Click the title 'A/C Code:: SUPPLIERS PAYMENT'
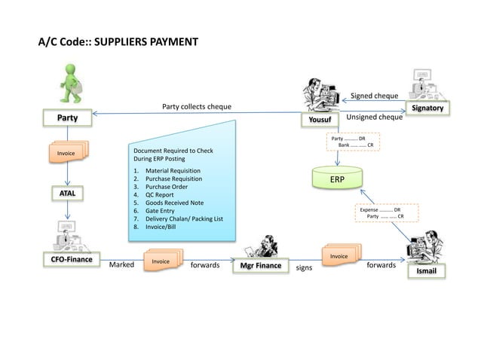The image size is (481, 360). point(118,39)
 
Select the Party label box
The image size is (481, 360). point(68,118)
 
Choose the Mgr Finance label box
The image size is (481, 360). point(260,266)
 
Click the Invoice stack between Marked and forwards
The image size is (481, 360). point(161,261)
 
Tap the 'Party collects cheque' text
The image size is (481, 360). point(197,106)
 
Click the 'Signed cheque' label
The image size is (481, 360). point(375,96)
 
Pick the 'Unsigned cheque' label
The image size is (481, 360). point(374,117)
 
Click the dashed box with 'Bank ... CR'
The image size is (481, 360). point(352,142)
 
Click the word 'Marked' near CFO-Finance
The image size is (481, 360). point(121,265)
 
